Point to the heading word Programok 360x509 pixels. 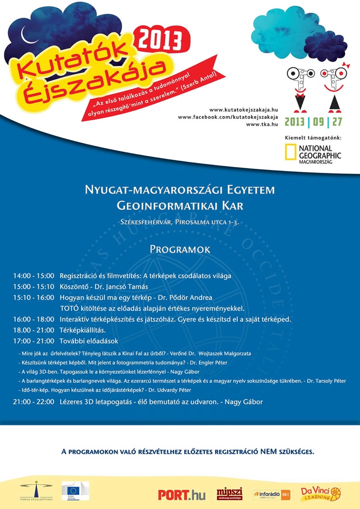[180, 249]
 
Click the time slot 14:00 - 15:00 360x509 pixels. [34, 276]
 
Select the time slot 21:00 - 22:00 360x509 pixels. [34, 402]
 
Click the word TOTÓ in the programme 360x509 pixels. [70, 308]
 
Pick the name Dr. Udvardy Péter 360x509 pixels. [171, 390]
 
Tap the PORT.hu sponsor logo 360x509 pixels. [181, 495]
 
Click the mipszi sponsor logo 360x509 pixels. [229, 494]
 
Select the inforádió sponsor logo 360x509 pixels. [272, 494]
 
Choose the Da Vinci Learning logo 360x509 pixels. [321, 493]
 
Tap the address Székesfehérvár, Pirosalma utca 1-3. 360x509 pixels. [180, 222]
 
